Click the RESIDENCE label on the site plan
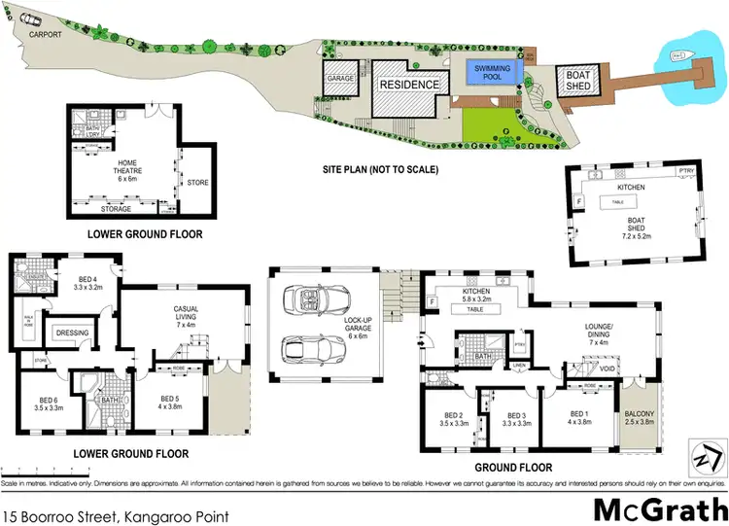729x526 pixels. (x=409, y=85)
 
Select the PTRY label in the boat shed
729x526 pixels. (x=686, y=173)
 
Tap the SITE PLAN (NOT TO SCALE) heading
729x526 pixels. (x=380, y=169)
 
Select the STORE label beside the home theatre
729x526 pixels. (x=197, y=182)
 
